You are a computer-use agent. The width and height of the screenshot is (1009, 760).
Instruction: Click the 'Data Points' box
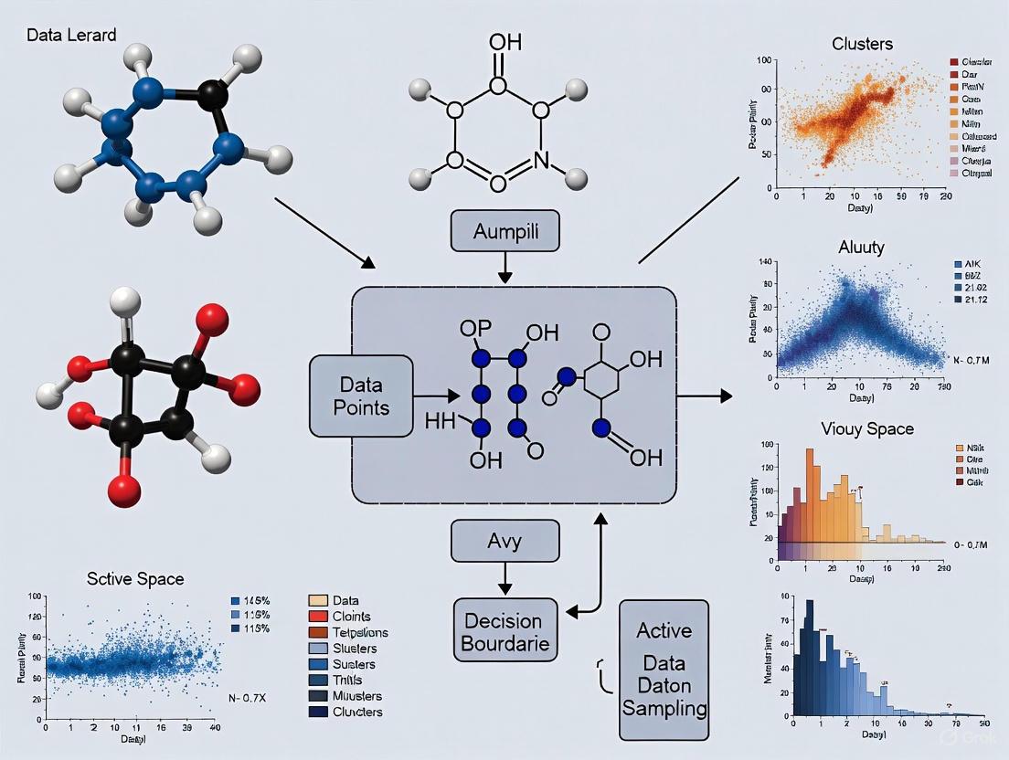364,396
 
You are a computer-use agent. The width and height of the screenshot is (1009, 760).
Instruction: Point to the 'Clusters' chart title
863,44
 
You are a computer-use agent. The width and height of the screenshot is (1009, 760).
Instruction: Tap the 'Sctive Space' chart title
135,578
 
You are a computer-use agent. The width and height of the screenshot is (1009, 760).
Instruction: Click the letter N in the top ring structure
540,162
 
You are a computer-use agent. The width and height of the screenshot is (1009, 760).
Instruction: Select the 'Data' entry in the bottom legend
345,600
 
